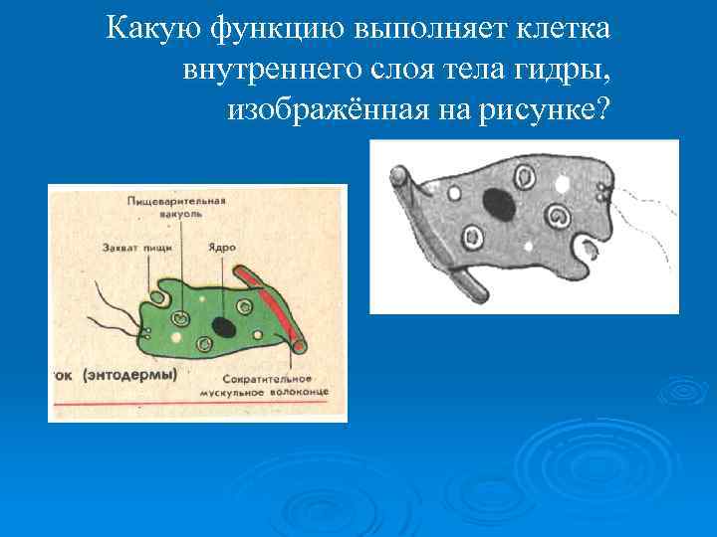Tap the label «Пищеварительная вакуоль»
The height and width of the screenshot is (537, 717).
177,206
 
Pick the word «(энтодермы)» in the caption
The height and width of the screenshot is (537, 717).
131,375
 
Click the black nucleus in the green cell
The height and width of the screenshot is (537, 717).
225,327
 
